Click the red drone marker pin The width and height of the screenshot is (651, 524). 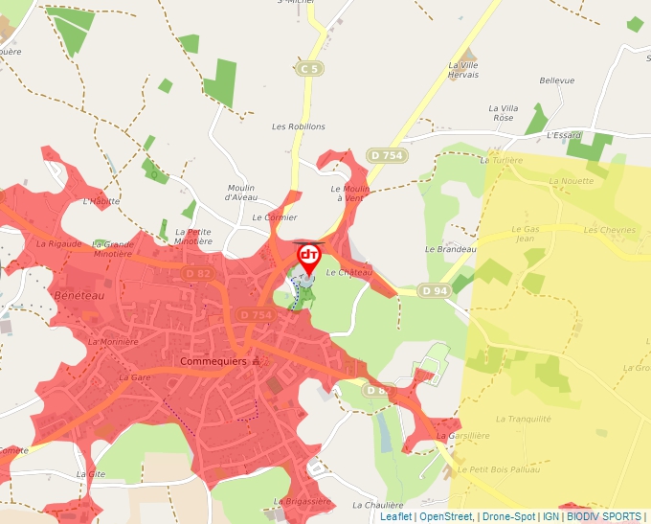309,257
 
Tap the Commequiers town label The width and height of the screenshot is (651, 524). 213,362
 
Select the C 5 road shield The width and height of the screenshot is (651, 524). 308,69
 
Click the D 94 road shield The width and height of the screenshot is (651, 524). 434,290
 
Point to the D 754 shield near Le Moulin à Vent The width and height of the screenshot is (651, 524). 387,155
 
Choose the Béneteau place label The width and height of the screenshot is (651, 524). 79,294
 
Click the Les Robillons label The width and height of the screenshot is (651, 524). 299,126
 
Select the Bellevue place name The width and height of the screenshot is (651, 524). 557,81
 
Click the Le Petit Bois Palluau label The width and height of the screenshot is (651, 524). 499,469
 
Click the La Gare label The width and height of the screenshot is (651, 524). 135,378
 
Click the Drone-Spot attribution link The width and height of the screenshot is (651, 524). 507,516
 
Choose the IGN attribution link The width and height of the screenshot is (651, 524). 550,516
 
